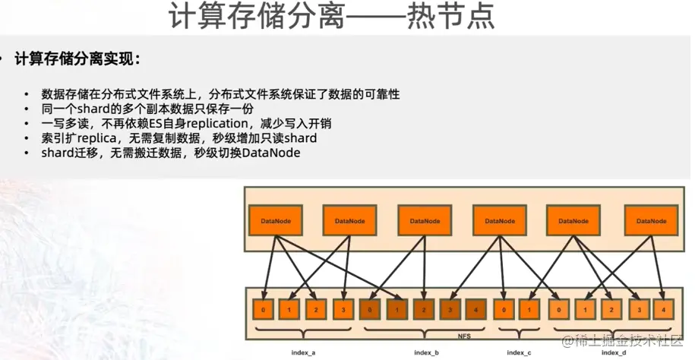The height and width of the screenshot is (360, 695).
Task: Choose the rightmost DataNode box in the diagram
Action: point(650,220)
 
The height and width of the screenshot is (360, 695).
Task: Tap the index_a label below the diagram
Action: point(303,353)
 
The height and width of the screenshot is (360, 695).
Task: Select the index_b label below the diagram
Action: point(426,353)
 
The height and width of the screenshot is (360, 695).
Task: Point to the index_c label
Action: point(519,353)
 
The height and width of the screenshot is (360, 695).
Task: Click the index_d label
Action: point(614,353)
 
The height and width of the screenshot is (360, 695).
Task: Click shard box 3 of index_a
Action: point(345,310)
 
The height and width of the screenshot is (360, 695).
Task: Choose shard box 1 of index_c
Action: point(531,310)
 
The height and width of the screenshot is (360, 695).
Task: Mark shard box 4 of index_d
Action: point(664,310)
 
